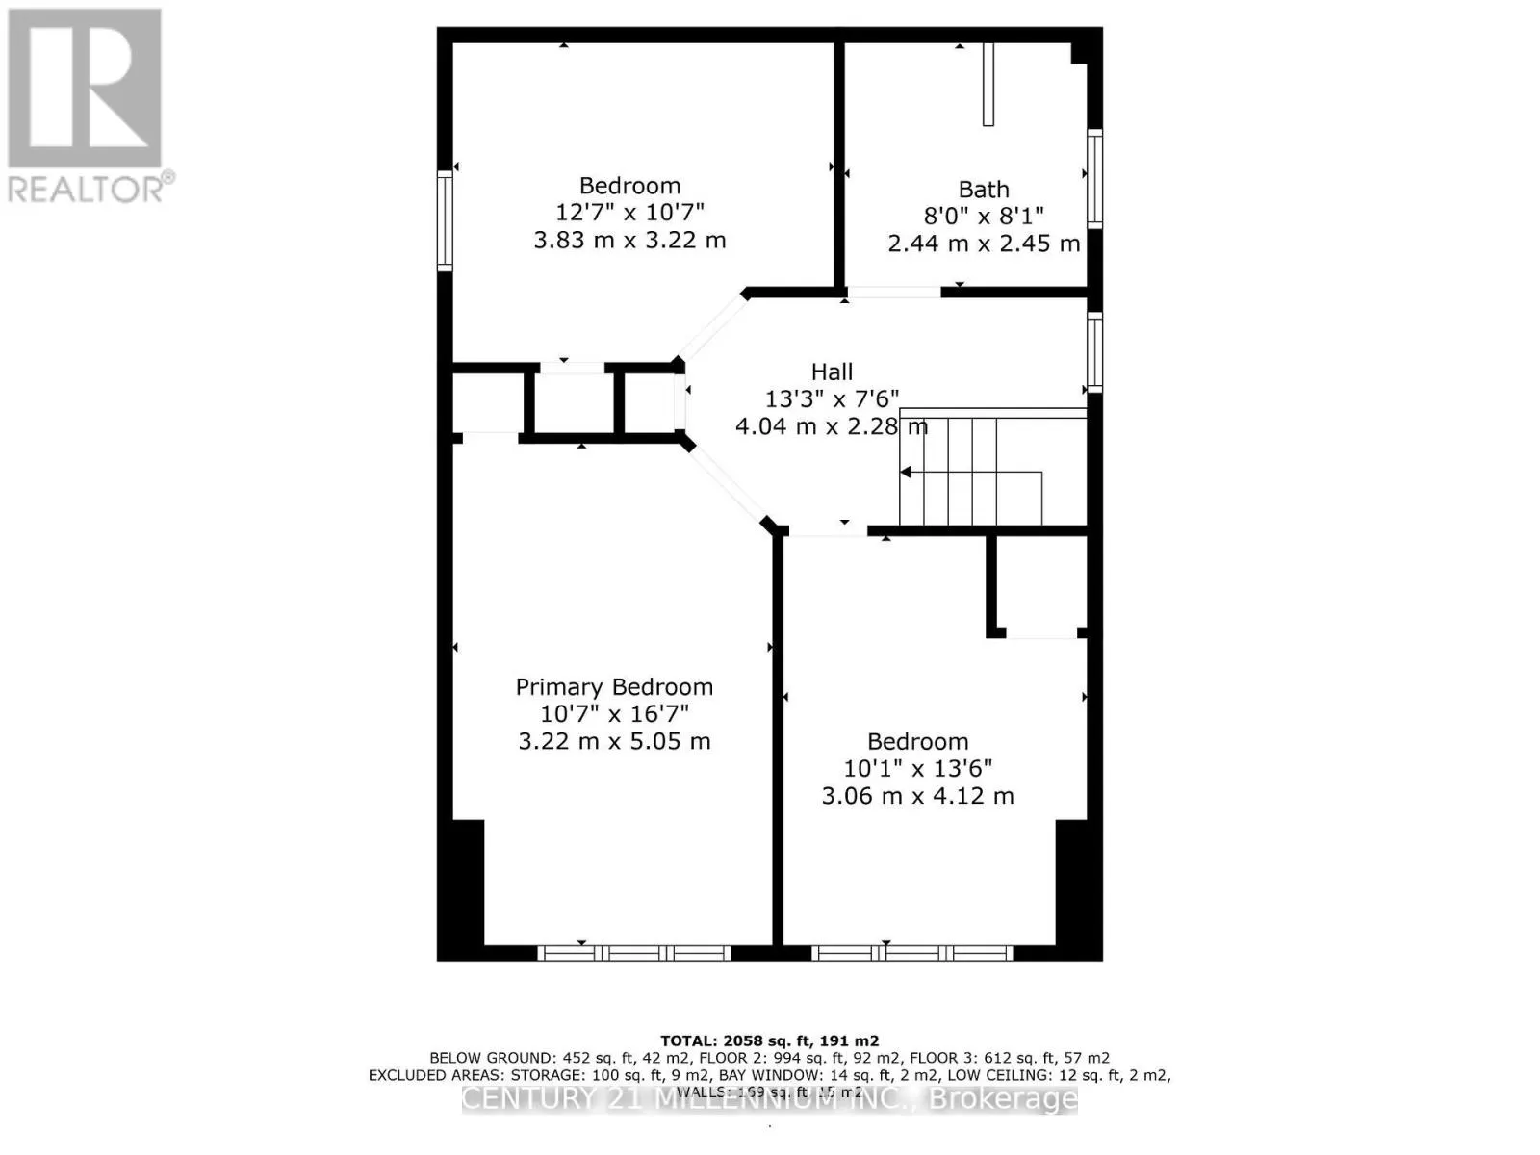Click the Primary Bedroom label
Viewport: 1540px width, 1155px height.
614,687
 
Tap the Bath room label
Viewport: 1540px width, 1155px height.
984,190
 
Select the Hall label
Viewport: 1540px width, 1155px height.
832,372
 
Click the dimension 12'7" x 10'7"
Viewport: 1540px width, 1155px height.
629,213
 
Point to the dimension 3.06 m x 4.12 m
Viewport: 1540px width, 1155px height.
917,796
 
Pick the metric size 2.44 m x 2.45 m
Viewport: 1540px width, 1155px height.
984,244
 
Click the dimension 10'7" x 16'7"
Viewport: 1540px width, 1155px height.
614,714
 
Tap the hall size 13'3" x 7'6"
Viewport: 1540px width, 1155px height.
832,398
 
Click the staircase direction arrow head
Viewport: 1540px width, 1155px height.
906,472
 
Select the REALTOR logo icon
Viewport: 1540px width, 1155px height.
85,89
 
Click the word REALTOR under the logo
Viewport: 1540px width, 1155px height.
85,189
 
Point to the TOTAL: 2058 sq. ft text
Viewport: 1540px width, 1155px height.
769,1040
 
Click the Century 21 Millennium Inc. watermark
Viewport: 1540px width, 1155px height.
769,1099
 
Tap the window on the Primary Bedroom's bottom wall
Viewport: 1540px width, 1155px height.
633,953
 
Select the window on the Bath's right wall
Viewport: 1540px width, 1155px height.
1095,179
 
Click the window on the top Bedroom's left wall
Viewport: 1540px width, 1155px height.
445,221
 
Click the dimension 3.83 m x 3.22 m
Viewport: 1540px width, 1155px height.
629,240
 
